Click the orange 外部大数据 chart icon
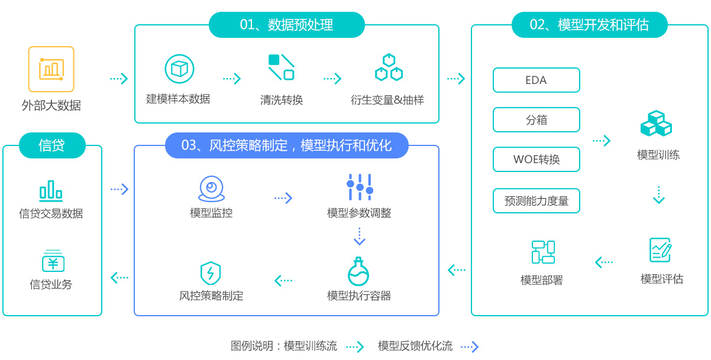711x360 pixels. tap(51, 69)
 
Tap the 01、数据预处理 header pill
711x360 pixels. tap(287, 25)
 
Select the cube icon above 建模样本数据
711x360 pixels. tap(179, 69)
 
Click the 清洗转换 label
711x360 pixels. tap(282, 100)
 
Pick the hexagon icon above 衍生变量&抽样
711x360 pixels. tap(389, 68)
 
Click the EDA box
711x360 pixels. tap(536, 80)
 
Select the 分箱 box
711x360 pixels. tap(536, 120)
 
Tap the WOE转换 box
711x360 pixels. tap(536, 160)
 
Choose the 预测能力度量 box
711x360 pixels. tap(536, 201)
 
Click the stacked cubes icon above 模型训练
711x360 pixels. tap(657, 124)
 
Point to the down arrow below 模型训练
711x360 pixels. tap(659, 196)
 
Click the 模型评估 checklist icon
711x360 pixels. tap(660, 250)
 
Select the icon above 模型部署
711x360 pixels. tap(543, 252)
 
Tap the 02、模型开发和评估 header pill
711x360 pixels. tap(589, 25)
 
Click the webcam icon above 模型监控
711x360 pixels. tap(211, 189)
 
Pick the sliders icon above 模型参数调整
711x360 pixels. tap(360, 187)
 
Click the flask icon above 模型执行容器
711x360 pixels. tap(358, 272)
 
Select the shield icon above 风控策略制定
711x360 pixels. tap(211, 273)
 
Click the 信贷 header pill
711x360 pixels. tap(52, 145)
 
